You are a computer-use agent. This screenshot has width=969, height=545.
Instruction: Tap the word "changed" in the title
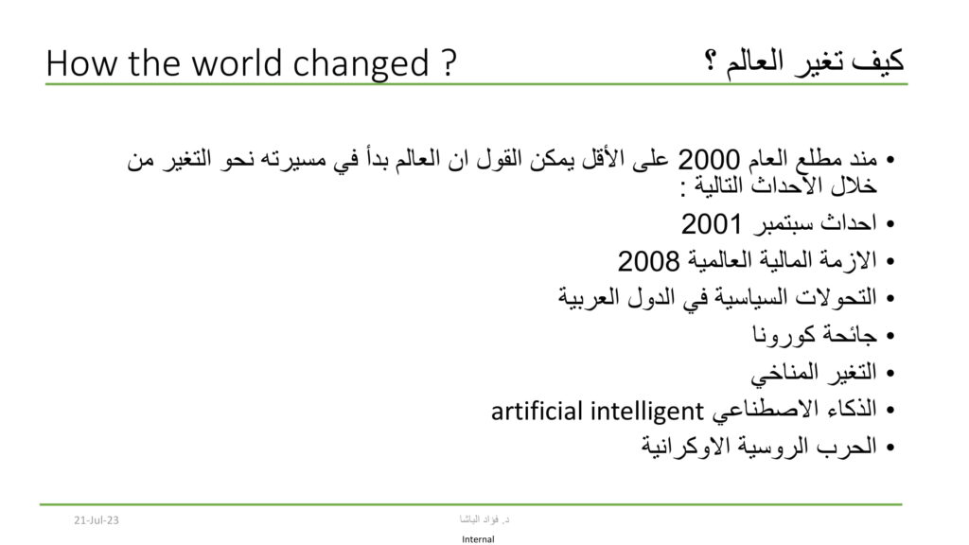point(361,65)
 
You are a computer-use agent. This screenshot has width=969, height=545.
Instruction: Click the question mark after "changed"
point(449,63)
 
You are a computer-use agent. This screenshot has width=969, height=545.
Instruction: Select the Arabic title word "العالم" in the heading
point(754,62)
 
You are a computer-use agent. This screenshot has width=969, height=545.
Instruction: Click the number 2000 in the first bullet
point(709,160)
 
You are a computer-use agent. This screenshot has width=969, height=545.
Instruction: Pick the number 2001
point(712,223)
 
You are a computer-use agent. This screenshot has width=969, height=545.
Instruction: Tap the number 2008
point(648,261)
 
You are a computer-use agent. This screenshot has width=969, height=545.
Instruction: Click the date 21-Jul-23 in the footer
point(96,520)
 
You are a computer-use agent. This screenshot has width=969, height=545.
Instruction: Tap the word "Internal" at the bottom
point(478,539)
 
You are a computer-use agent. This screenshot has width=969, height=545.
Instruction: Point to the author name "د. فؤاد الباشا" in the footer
point(484,519)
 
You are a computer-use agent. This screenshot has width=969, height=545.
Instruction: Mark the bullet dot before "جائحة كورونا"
point(890,336)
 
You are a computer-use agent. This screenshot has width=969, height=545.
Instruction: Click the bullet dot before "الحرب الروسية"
point(890,448)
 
